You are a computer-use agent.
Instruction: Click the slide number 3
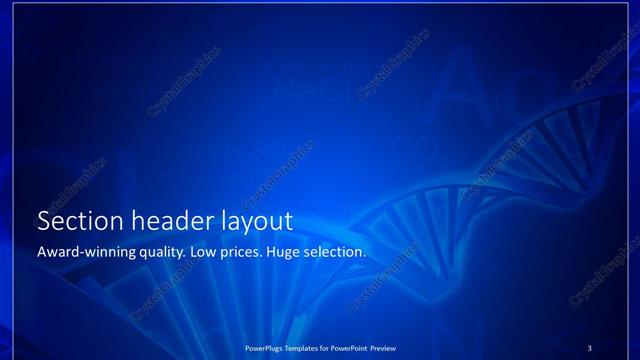click(590, 347)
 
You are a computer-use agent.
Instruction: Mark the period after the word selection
click(365, 256)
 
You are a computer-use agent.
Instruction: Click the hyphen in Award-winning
click(85, 253)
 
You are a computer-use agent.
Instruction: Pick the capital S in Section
click(43, 221)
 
